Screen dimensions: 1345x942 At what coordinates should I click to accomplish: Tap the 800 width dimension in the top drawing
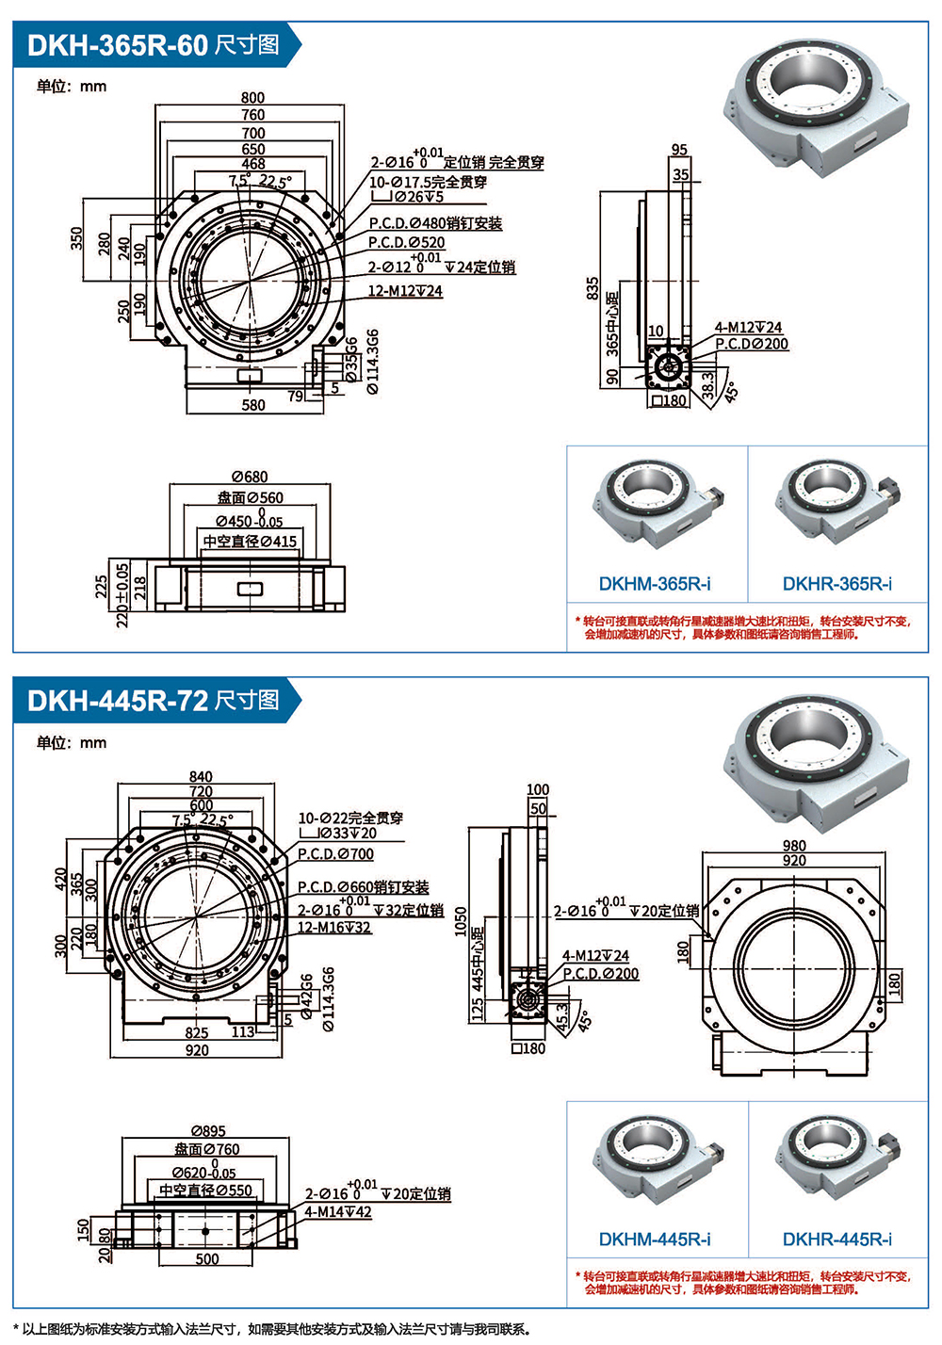[252, 97]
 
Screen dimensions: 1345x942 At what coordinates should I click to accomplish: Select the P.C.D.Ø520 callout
[406, 242]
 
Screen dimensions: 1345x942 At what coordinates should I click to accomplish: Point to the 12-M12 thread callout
[404, 291]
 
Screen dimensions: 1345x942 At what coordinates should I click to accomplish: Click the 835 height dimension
[592, 287]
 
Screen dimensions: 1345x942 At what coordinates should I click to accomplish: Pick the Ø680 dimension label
[250, 477]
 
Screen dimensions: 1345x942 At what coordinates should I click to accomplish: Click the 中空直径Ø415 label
[250, 542]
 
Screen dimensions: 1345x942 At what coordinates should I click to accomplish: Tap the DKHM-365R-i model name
[655, 584]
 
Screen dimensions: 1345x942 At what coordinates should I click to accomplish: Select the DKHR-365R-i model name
[837, 584]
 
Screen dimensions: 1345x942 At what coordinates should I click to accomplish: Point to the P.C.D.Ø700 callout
[335, 854]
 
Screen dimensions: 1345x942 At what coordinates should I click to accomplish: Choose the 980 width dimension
[794, 846]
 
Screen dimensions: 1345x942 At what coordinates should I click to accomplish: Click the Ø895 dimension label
[208, 1130]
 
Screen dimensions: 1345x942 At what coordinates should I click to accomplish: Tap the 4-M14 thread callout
[337, 1211]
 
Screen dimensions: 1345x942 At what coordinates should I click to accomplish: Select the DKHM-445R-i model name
[655, 1240]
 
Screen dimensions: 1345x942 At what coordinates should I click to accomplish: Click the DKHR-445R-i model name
[837, 1240]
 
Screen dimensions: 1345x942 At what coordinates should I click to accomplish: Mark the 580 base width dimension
[253, 405]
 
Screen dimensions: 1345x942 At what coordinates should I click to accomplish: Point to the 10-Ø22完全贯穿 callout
[350, 818]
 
